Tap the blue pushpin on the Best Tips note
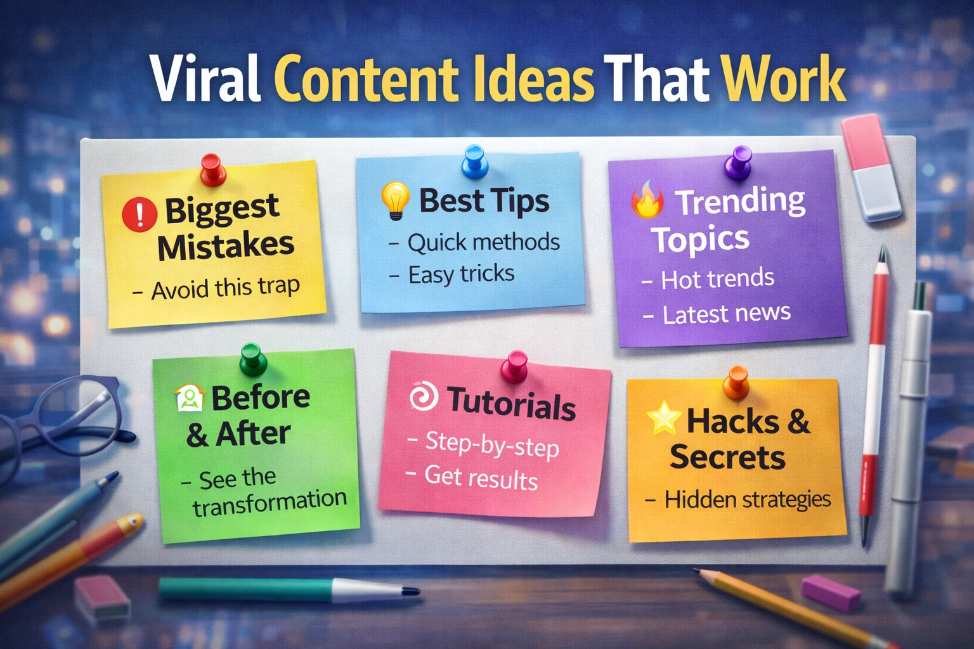point(474,160)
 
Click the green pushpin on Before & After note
point(252,359)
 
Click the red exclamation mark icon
point(140,213)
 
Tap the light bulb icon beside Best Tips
point(395,200)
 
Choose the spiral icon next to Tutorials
point(423,397)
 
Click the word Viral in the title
point(205,79)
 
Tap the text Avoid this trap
point(224,288)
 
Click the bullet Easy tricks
point(460,274)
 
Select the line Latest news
point(726,313)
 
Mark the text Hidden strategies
point(747,499)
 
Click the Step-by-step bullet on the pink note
point(491,444)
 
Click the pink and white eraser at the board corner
point(871,167)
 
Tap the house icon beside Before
point(189,399)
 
